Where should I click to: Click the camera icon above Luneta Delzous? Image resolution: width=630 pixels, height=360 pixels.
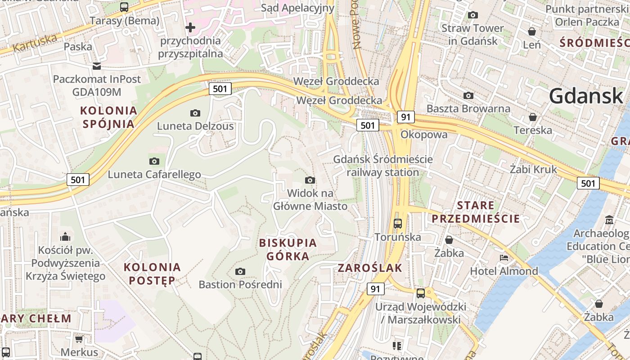click(x=195, y=113)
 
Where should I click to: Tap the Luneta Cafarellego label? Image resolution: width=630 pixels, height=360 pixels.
click(x=154, y=174)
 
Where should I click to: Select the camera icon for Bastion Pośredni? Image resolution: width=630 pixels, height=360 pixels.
click(x=240, y=271)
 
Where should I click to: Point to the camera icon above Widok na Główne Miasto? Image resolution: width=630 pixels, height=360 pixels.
click(x=310, y=180)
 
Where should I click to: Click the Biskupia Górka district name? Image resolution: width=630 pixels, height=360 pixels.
click(x=288, y=249)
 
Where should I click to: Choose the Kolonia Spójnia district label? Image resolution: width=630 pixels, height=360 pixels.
click(x=108, y=117)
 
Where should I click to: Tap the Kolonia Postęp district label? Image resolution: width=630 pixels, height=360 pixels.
click(x=152, y=274)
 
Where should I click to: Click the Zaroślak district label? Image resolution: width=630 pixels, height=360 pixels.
click(x=370, y=268)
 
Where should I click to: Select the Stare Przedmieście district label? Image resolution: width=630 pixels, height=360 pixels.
click(x=476, y=212)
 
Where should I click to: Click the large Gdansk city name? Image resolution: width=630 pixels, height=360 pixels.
click(x=585, y=96)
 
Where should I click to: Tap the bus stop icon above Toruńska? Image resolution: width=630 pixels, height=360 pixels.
click(x=398, y=223)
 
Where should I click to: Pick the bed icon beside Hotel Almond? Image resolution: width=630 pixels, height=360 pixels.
click(x=504, y=258)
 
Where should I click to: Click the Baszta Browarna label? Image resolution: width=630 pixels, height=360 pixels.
click(x=468, y=108)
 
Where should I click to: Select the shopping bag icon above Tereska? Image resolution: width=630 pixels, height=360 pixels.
click(x=533, y=117)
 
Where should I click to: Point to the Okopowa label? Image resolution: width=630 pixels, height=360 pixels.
click(x=424, y=135)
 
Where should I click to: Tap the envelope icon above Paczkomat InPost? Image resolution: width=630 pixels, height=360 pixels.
click(x=97, y=66)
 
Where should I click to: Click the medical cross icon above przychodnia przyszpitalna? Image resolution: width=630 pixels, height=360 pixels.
click(x=190, y=27)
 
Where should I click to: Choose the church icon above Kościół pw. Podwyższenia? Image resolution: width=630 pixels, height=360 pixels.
click(x=65, y=237)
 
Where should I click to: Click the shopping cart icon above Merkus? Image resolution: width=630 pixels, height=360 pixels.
click(x=79, y=339)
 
